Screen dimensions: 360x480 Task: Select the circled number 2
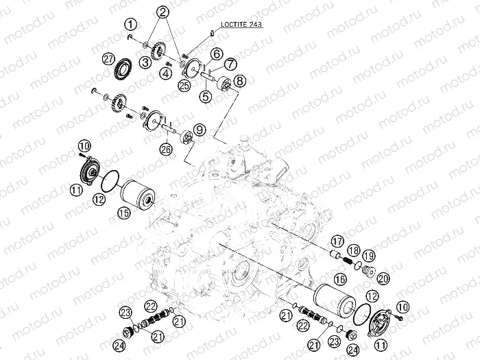[163, 12]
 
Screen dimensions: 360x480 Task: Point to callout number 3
[145, 62]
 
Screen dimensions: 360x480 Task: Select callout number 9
[198, 129]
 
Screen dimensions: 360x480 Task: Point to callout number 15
[123, 214]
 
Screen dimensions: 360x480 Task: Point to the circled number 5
[206, 97]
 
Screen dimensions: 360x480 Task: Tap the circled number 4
[166, 71]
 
